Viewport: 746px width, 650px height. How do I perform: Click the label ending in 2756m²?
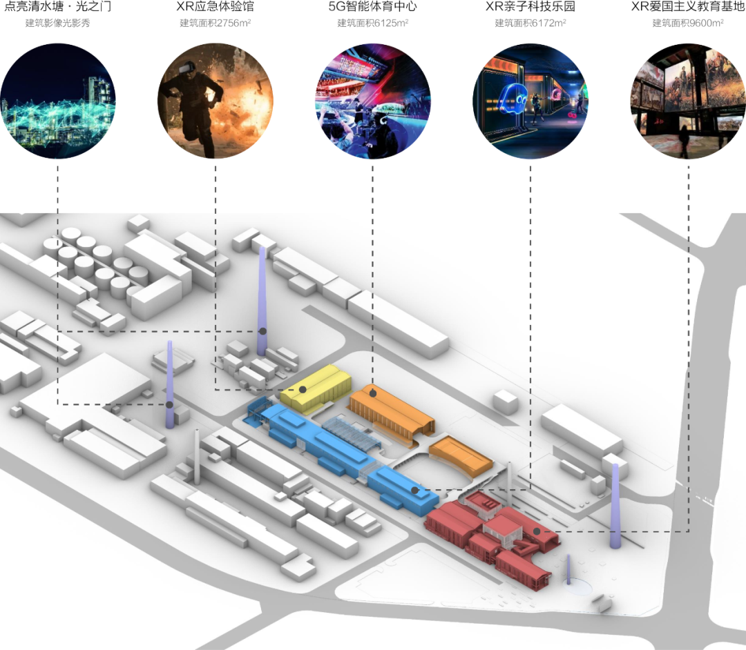[215, 23]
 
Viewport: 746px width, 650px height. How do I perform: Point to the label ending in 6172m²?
[530, 23]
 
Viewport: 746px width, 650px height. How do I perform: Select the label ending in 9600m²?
[688, 23]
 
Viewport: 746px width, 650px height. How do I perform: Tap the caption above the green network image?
[57, 23]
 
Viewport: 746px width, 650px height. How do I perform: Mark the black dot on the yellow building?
[303, 390]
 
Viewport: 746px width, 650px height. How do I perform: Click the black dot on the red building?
[537, 531]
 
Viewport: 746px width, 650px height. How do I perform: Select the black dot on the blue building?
[414, 491]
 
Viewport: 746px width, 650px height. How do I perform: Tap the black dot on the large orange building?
[373, 393]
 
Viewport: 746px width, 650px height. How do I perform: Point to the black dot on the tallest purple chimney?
[262, 332]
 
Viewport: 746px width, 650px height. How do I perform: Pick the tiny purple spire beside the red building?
[568, 570]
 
